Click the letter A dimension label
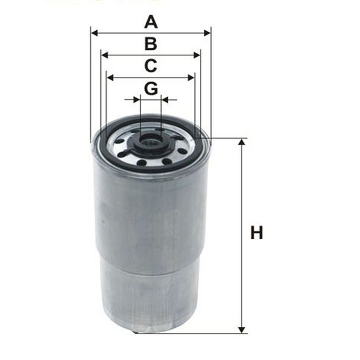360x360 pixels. click(151, 22)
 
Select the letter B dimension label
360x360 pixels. click(151, 44)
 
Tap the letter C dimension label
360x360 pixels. click(151, 66)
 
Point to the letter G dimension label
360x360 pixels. click(151, 88)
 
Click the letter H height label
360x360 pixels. click(256, 233)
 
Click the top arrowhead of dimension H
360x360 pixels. click(241, 143)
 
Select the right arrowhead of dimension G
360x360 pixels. click(165, 100)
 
